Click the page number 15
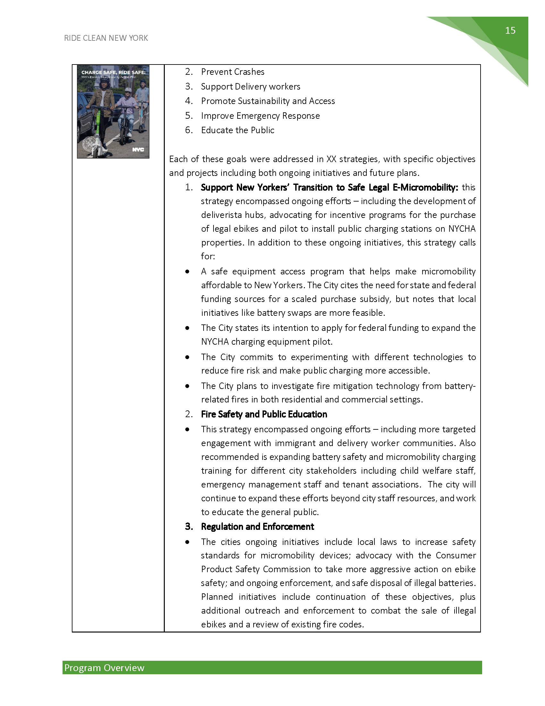(x=510, y=30)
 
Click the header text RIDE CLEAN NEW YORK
(x=106, y=38)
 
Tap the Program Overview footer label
(x=104, y=668)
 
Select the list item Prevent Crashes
(x=232, y=72)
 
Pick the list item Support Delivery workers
(x=251, y=87)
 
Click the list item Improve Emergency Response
(x=260, y=116)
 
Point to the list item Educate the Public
(x=238, y=130)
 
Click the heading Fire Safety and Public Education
(x=264, y=414)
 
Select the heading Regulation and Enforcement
(x=257, y=527)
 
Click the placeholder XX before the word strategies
(x=331, y=159)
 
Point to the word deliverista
(x=221, y=215)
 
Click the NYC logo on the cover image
(x=138, y=150)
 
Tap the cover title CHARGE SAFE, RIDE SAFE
(x=113, y=73)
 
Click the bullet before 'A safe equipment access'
(x=187, y=272)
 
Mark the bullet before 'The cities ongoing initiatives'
(x=187, y=542)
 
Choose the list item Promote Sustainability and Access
(x=268, y=101)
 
